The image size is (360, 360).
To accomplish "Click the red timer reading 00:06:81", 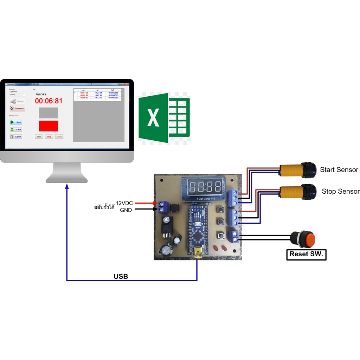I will pos(49,101).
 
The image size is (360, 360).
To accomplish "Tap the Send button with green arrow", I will pos(16,122).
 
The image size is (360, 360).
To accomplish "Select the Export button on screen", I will pos(16,137).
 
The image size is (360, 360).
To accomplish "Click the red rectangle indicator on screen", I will pos(48,126).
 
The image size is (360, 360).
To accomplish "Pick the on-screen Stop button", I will pos(49,137).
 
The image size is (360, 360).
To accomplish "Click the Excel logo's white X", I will pos(153,118).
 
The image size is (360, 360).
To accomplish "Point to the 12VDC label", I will pos(124,203).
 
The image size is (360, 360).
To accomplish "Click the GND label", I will pos(126,210).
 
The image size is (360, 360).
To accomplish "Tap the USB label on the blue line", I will pos(121,276).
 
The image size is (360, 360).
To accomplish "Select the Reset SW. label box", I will pos(306,254).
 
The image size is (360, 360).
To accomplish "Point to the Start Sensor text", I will pos(339,170).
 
